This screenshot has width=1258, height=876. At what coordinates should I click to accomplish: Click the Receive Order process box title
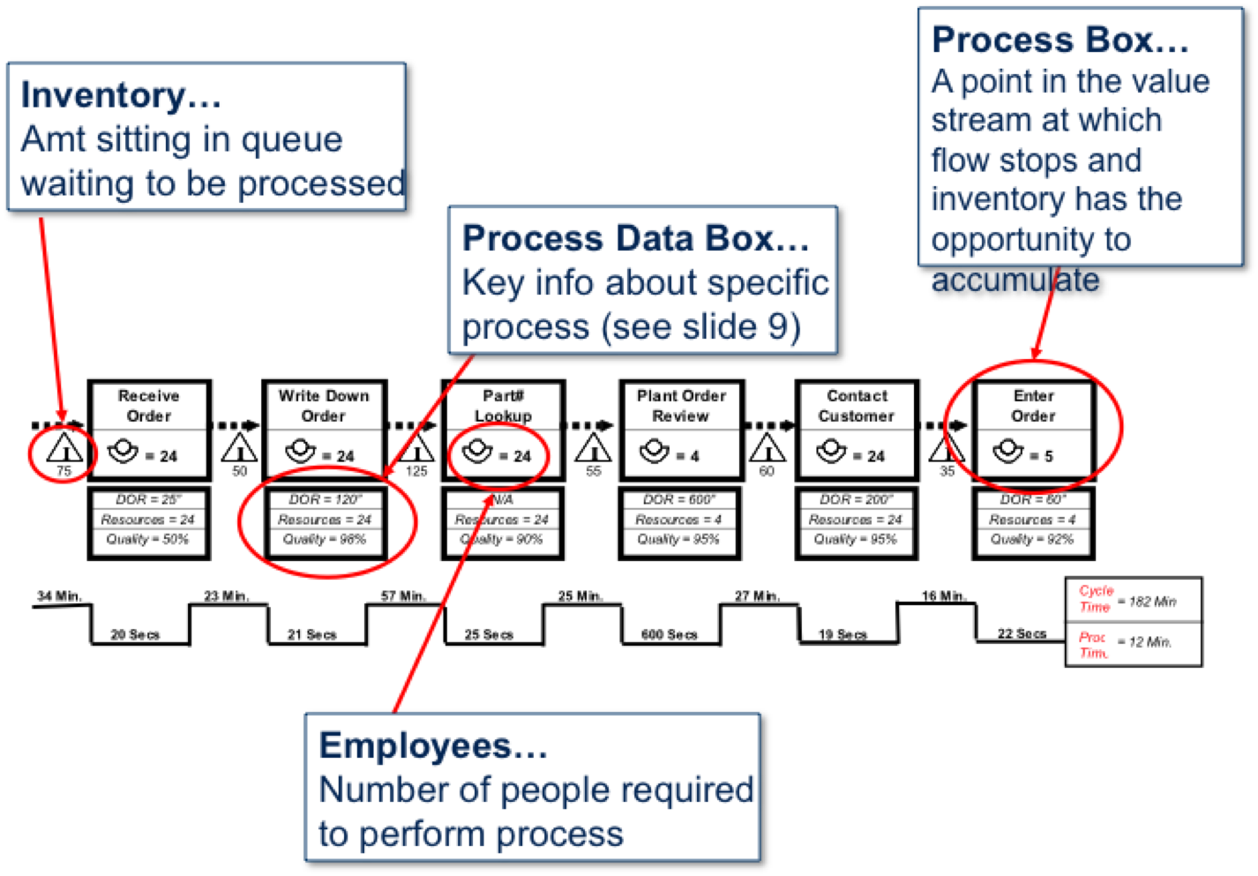[148, 406]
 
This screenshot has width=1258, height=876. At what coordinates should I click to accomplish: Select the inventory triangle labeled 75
[64, 449]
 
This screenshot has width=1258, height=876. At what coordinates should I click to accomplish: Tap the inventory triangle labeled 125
[416, 448]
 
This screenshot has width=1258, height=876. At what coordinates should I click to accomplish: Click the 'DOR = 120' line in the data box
[325, 499]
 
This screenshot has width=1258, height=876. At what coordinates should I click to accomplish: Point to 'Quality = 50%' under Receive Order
[147, 539]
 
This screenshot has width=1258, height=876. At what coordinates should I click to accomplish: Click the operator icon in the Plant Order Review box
[655, 452]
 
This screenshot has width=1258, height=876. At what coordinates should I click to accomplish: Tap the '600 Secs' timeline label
[669, 634]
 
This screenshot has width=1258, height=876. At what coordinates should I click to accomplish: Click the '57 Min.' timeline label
[403, 596]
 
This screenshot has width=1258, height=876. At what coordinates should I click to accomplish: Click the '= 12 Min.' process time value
[1144, 642]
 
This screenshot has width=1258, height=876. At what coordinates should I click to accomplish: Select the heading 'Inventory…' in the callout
[121, 95]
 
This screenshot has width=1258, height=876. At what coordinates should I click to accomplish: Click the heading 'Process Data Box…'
[635, 238]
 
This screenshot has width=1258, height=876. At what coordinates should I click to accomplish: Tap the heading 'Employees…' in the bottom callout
[433, 746]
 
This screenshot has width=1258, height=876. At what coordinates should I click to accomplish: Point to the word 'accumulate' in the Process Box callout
[1015, 280]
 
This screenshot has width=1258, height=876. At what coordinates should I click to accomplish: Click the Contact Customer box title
[856, 406]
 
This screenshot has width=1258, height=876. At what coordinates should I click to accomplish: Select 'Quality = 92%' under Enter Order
[1032, 539]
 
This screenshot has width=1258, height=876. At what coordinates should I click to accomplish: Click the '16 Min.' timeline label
[943, 596]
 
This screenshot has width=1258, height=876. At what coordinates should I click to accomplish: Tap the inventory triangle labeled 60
[767, 448]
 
